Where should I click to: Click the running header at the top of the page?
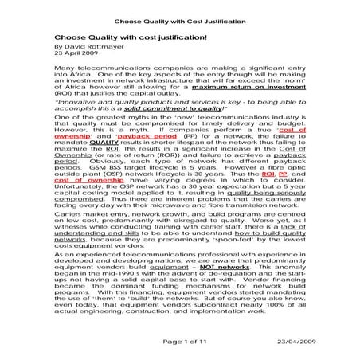179,13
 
